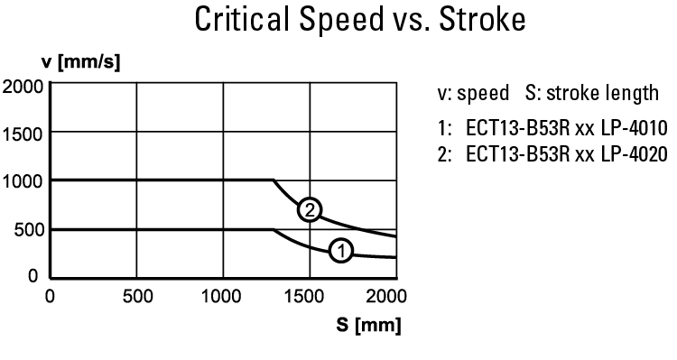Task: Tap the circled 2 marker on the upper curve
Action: [x=310, y=209]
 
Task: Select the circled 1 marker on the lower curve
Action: [x=340, y=250]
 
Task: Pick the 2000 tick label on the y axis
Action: [x=22, y=87]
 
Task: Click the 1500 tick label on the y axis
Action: [x=22, y=134]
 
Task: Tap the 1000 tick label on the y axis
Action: [x=22, y=180]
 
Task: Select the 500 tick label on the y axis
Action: [x=26, y=228]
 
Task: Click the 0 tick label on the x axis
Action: [x=51, y=296]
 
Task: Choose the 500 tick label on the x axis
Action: [x=135, y=296]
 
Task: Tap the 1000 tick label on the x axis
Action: [x=221, y=296]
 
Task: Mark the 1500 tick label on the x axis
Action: [x=308, y=296]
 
